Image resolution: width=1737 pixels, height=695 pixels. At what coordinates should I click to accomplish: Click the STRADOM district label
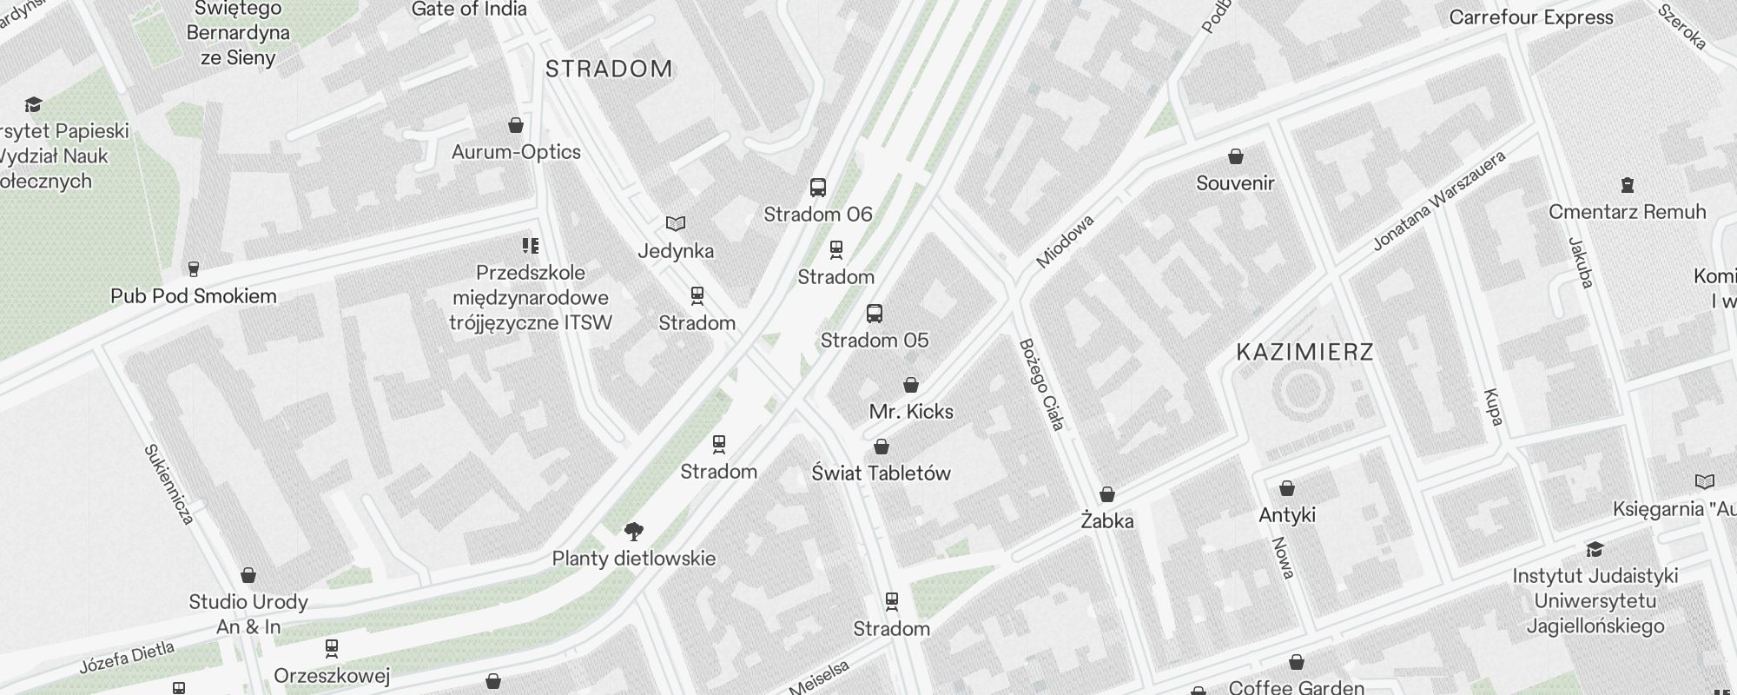(609, 69)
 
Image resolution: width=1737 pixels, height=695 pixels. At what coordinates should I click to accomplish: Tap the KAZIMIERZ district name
(1304, 353)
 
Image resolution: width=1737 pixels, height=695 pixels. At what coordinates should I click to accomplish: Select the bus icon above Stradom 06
(818, 188)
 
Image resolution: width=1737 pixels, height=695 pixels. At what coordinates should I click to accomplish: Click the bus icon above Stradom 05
(875, 314)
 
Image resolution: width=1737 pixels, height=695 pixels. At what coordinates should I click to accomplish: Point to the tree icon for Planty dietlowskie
(634, 532)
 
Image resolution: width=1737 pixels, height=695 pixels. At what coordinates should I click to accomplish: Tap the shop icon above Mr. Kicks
(911, 385)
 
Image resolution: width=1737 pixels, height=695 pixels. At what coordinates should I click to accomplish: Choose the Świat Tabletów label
(881, 473)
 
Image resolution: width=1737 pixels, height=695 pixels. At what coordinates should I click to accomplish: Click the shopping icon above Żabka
(1107, 495)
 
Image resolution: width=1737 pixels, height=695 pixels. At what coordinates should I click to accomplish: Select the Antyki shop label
(1287, 515)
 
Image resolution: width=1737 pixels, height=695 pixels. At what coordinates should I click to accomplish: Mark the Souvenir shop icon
(1235, 157)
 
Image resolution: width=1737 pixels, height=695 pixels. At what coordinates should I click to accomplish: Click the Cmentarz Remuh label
(1627, 212)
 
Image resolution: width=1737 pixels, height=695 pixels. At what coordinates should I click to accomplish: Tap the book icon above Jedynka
(676, 224)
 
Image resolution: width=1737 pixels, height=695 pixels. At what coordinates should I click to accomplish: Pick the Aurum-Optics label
(516, 152)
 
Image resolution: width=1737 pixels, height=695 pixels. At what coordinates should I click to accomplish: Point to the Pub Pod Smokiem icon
(193, 269)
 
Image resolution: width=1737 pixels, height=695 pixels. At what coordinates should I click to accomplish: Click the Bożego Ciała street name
(1041, 385)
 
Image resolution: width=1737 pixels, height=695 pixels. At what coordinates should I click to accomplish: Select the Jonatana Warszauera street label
(1438, 202)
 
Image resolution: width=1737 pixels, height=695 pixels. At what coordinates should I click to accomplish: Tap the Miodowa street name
(1065, 242)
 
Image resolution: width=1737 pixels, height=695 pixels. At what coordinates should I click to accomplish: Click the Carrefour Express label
(1531, 17)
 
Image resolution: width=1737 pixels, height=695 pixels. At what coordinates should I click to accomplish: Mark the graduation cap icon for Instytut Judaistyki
(1595, 549)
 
